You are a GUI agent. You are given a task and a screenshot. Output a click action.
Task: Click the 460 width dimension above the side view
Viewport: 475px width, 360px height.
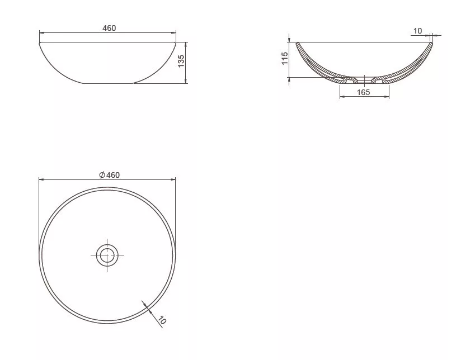coord(109,28)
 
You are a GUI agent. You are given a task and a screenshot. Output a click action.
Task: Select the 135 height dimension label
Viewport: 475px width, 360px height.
coord(181,61)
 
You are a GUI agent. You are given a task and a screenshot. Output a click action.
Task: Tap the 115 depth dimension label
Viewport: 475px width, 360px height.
coord(285,58)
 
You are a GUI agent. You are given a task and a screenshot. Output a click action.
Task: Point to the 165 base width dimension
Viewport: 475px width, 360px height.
coord(364,92)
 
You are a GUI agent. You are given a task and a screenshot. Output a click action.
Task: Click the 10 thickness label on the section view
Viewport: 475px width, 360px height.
coord(417,31)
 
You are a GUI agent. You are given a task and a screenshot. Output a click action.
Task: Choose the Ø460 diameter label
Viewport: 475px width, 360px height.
coord(109,175)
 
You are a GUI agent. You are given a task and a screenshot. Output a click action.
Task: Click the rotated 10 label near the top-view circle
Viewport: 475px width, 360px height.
coord(162,320)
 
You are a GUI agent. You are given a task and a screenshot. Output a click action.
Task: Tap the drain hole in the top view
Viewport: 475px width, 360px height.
coord(107,255)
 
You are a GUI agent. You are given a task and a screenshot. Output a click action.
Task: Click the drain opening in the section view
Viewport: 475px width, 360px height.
coord(364,80)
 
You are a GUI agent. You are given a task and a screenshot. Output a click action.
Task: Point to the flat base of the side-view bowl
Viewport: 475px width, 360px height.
coord(109,83)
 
